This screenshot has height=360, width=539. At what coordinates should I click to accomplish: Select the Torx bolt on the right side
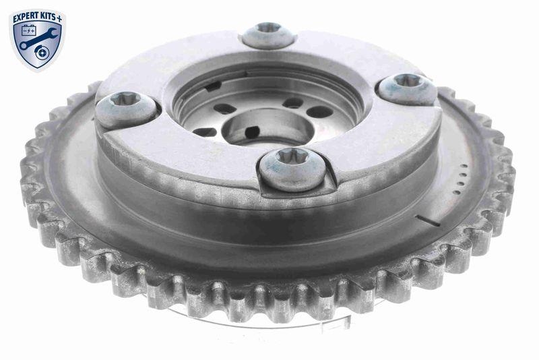[406, 88]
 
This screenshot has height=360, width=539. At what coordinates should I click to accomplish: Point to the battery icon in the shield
[29, 30]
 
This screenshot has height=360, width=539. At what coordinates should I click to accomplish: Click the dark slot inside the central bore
[251, 131]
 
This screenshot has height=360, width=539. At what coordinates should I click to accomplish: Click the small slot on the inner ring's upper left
[213, 86]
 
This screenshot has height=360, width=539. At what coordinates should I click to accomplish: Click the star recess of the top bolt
[268, 28]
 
